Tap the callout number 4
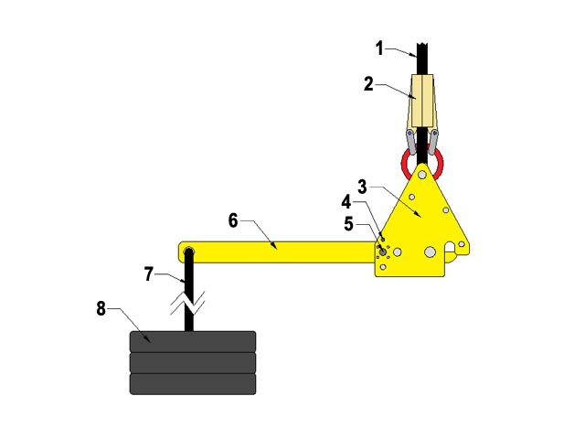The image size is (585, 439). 346,199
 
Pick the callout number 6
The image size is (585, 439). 233,220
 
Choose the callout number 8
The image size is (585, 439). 101,309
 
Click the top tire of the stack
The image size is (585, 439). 192,342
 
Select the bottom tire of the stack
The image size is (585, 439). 192,383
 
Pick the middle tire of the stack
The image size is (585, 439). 192,362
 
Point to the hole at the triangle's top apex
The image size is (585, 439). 422,172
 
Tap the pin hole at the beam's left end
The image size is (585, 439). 187,253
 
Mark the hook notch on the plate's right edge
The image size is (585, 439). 452,247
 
